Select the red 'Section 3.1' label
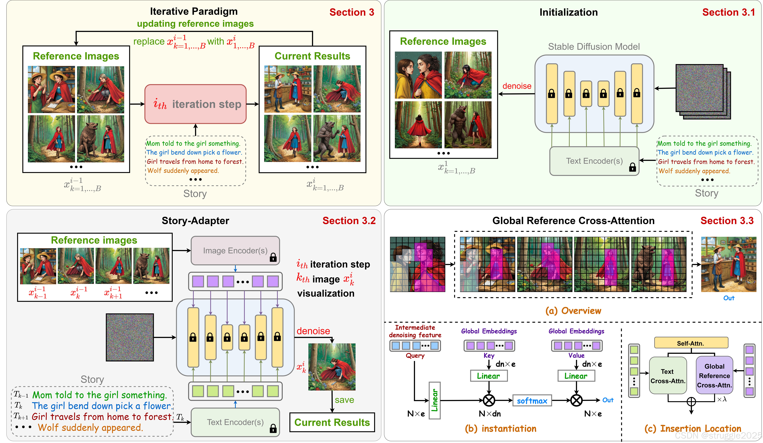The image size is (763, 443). [728, 12]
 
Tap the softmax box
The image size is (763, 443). [532, 401]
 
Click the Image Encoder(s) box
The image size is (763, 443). [235, 250]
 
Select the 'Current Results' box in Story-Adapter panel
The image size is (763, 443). [332, 422]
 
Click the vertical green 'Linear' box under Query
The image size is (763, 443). [435, 400]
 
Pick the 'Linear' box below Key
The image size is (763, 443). [489, 376]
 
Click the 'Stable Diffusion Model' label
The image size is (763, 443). [594, 47]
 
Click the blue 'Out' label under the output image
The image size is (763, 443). [729, 298]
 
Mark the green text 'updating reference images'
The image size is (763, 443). [195, 24]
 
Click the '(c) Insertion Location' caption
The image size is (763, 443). [693, 428]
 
